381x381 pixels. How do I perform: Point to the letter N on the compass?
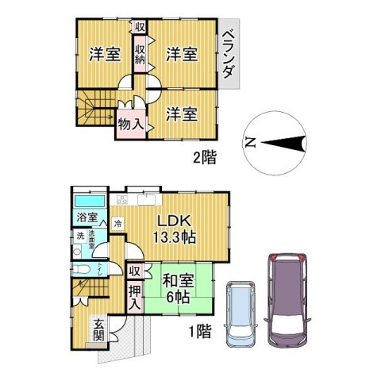pos(249,144)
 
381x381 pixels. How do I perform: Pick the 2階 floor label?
pos(204,156)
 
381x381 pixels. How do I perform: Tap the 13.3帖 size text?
pos(175,237)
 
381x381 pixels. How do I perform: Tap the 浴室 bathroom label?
pos(87,217)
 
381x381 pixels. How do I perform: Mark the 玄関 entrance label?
pos(98,328)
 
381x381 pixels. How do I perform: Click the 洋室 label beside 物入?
pos(181,114)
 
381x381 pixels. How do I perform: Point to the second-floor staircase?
pos(94,109)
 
